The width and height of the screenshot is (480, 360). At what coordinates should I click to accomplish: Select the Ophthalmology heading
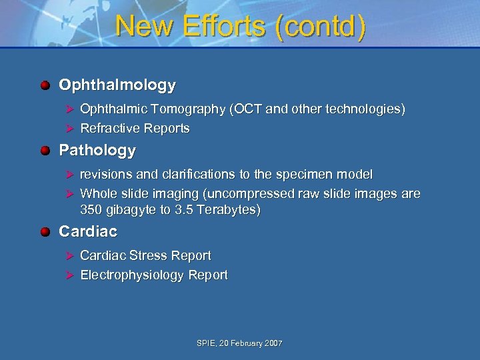click(117, 85)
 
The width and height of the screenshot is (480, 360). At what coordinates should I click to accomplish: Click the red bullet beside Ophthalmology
click(45, 85)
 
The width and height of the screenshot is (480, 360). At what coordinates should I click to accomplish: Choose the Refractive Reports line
click(135, 129)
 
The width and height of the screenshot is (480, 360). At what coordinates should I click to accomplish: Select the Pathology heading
click(97, 151)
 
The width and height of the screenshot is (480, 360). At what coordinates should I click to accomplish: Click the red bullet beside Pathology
click(45, 151)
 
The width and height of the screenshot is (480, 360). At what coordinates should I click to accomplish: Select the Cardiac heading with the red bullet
click(88, 232)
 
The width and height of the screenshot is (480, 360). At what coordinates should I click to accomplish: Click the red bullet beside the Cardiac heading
click(45, 232)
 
